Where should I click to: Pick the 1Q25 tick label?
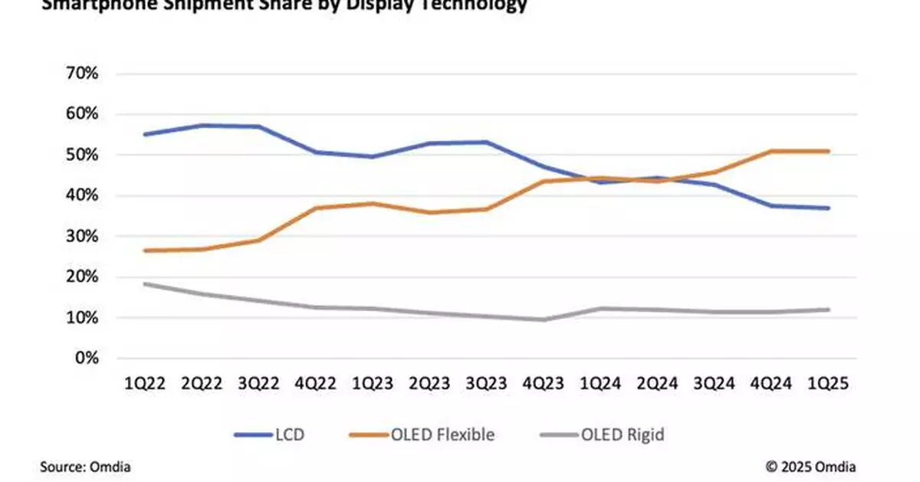point(827,385)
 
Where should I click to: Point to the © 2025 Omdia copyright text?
point(811,467)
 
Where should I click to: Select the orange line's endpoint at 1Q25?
point(828,151)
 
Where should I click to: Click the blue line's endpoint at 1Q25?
point(828,208)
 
